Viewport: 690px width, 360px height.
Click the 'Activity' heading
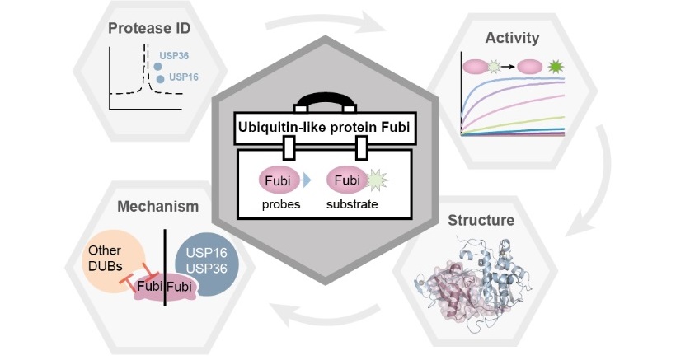[x=512, y=37]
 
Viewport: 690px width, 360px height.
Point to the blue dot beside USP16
[x=160, y=79]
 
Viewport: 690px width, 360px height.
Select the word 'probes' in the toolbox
[x=280, y=203]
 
